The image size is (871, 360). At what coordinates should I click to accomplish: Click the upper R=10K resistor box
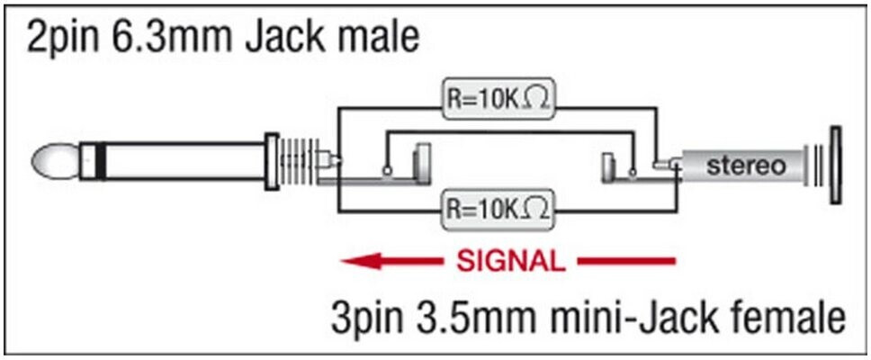coord(496,100)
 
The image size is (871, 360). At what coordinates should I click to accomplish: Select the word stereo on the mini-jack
coord(745,166)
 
